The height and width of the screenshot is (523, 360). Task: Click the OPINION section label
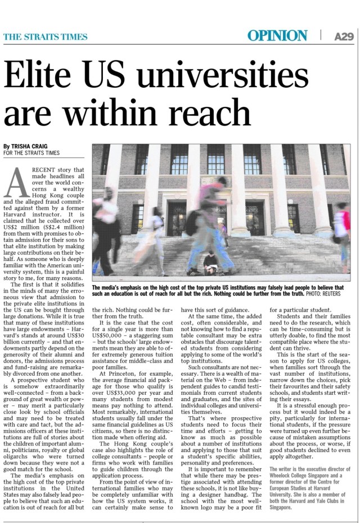click(x=277, y=36)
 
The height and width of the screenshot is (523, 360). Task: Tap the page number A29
click(x=344, y=37)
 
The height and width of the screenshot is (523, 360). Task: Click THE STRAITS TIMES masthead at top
click(x=46, y=37)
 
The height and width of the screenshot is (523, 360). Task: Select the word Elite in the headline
click(x=43, y=76)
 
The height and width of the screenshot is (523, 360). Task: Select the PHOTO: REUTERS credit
click(x=327, y=294)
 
